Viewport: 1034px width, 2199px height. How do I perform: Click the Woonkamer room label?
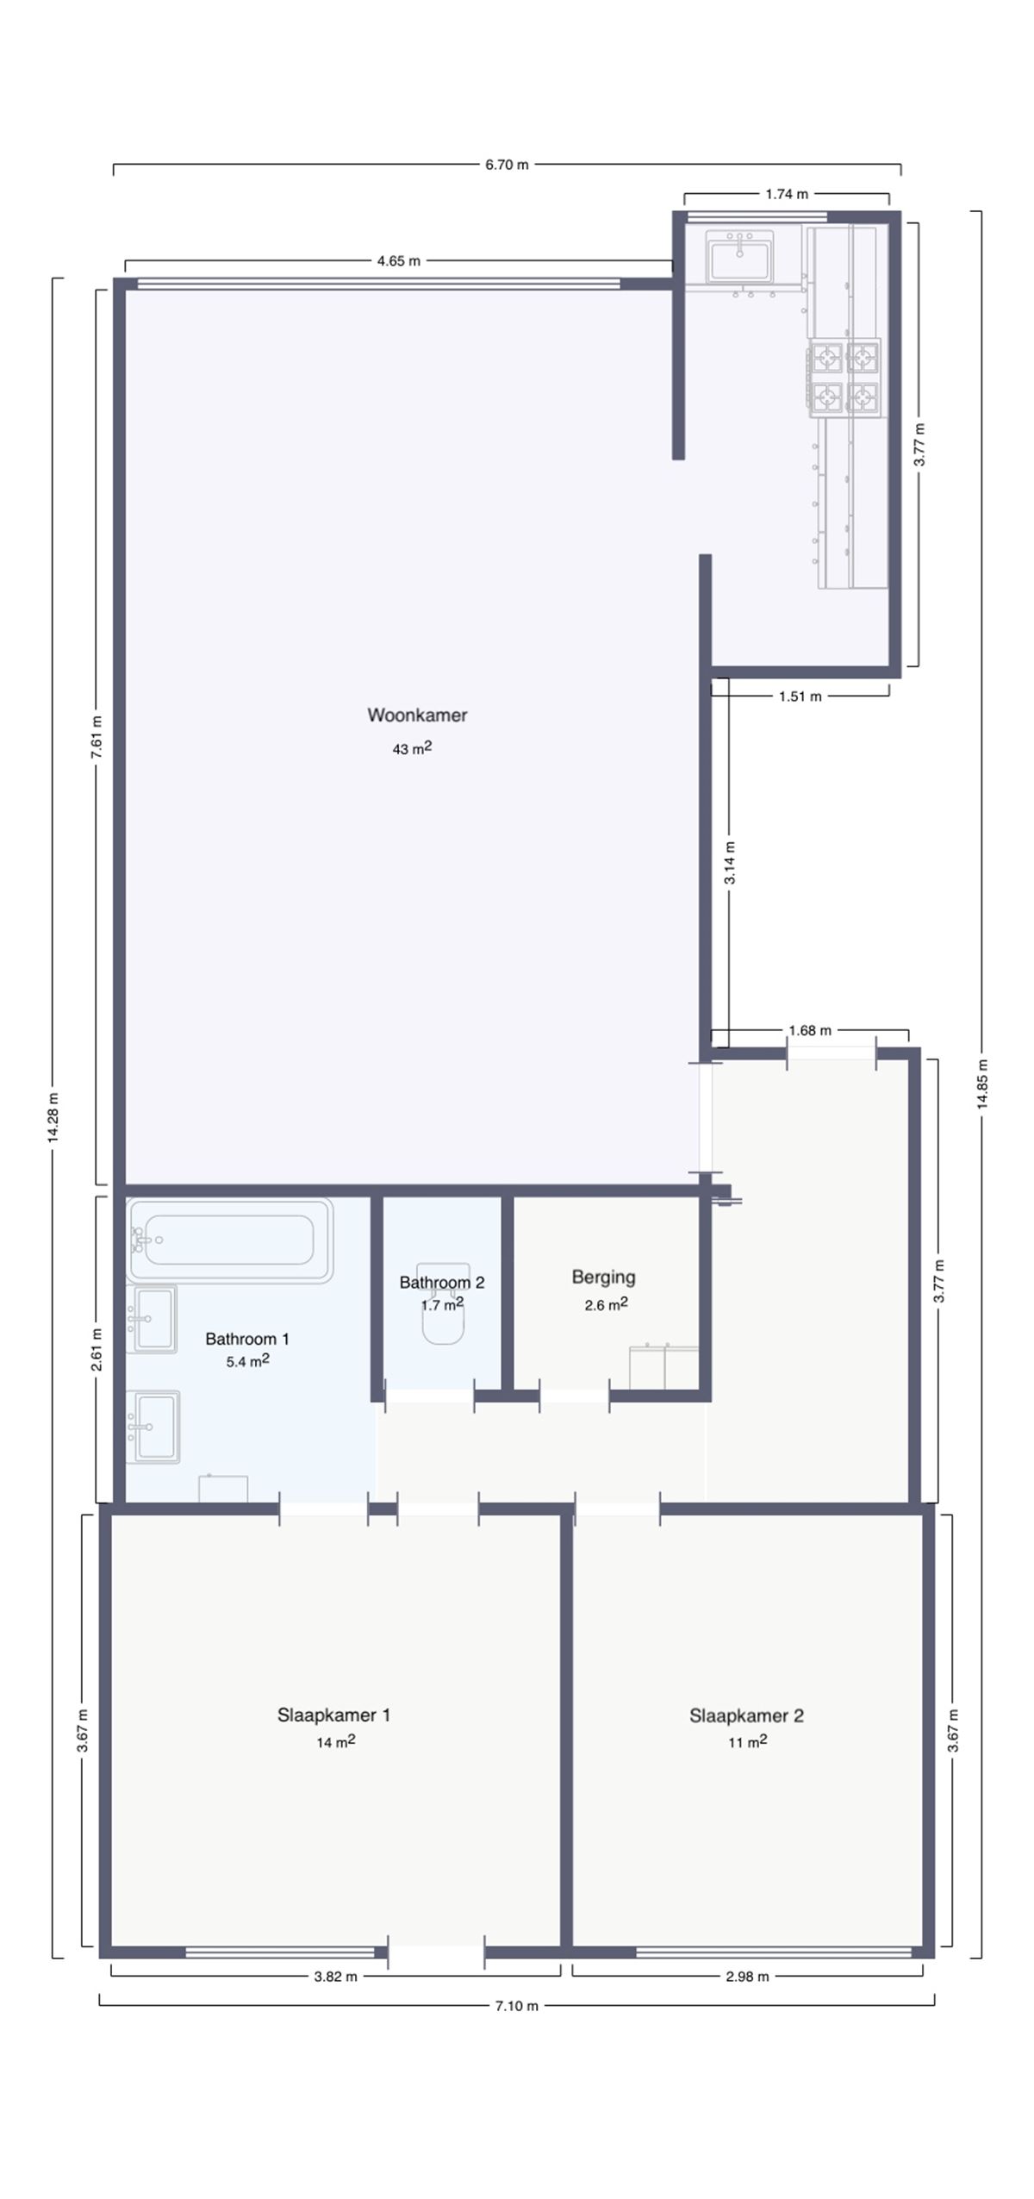point(417,715)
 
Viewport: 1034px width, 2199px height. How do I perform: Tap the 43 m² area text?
point(412,748)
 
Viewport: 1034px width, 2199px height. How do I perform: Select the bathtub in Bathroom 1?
point(229,1240)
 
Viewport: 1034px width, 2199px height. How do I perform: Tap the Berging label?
point(603,1277)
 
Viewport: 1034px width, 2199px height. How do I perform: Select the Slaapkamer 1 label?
point(333,1715)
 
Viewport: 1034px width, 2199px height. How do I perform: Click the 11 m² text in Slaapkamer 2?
point(747,1741)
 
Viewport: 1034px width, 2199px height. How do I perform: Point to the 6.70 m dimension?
point(507,164)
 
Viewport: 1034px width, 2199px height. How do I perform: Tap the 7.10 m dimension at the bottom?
point(516,2005)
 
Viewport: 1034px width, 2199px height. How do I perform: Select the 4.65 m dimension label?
point(399,260)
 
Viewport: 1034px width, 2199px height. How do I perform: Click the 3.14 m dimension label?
point(730,863)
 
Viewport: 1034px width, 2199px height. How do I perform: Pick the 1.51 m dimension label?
point(800,696)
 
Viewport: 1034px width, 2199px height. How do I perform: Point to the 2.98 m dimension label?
point(747,1977)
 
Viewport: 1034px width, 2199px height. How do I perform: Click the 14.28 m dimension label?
point(53,1118)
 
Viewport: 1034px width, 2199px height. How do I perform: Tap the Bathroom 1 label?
point(247,1339)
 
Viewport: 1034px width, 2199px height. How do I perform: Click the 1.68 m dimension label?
point(810,1030)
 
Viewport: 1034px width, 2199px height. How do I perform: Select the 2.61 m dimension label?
point(97,1348)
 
